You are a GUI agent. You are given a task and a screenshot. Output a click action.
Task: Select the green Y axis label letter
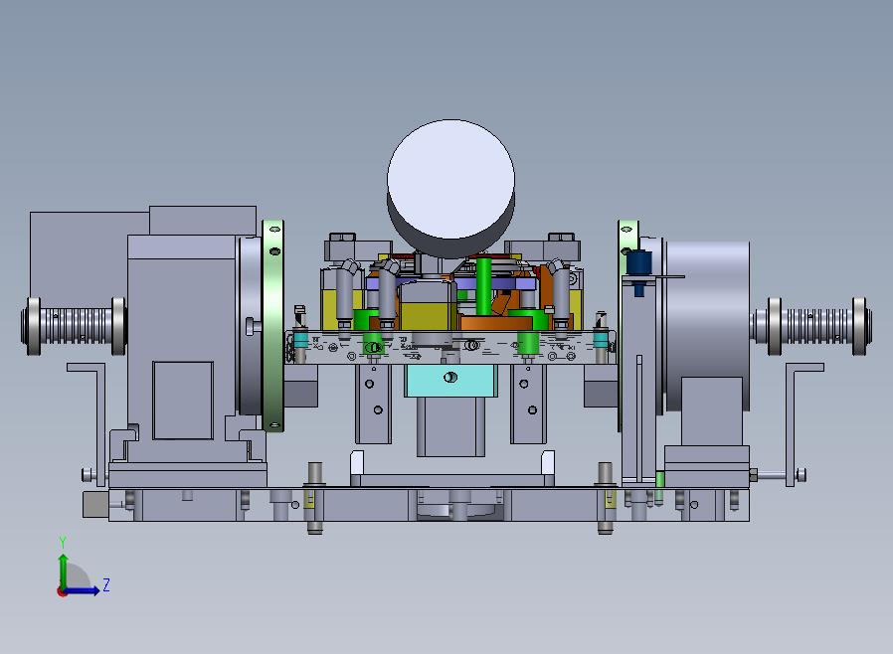pos(63,543)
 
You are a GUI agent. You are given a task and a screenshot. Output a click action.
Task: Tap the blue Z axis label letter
pos(106,584)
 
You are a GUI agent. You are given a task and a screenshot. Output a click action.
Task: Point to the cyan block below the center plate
pos(450,381)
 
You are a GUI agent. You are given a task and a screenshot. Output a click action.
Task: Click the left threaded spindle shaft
pos(74,326)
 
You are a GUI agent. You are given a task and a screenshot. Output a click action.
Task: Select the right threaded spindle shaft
pos(810,326)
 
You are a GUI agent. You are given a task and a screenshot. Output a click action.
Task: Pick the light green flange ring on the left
pos(273,326)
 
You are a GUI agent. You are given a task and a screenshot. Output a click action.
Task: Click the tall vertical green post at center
pos(483,286)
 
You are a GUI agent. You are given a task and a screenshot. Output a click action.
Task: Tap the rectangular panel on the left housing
pos(183,401)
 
